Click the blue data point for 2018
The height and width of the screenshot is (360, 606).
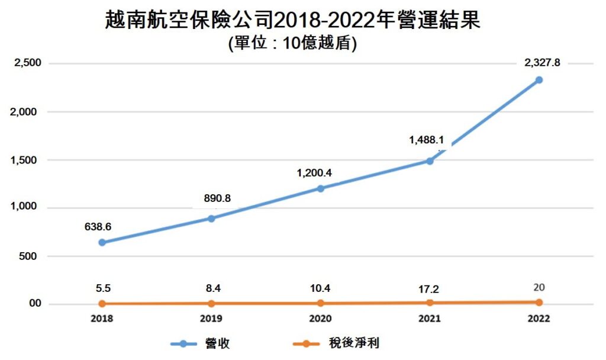point(102,242)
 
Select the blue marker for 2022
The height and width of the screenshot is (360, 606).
point(539,80)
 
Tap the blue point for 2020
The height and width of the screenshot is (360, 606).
point(320,188)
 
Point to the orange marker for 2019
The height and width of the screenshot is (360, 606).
point(211,303)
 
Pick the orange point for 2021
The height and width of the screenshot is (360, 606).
point(430,303)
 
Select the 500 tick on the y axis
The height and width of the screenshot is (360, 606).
point(31,256)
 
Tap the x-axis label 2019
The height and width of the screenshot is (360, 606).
point(211,319)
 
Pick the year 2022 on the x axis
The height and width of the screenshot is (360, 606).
point(539,319)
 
